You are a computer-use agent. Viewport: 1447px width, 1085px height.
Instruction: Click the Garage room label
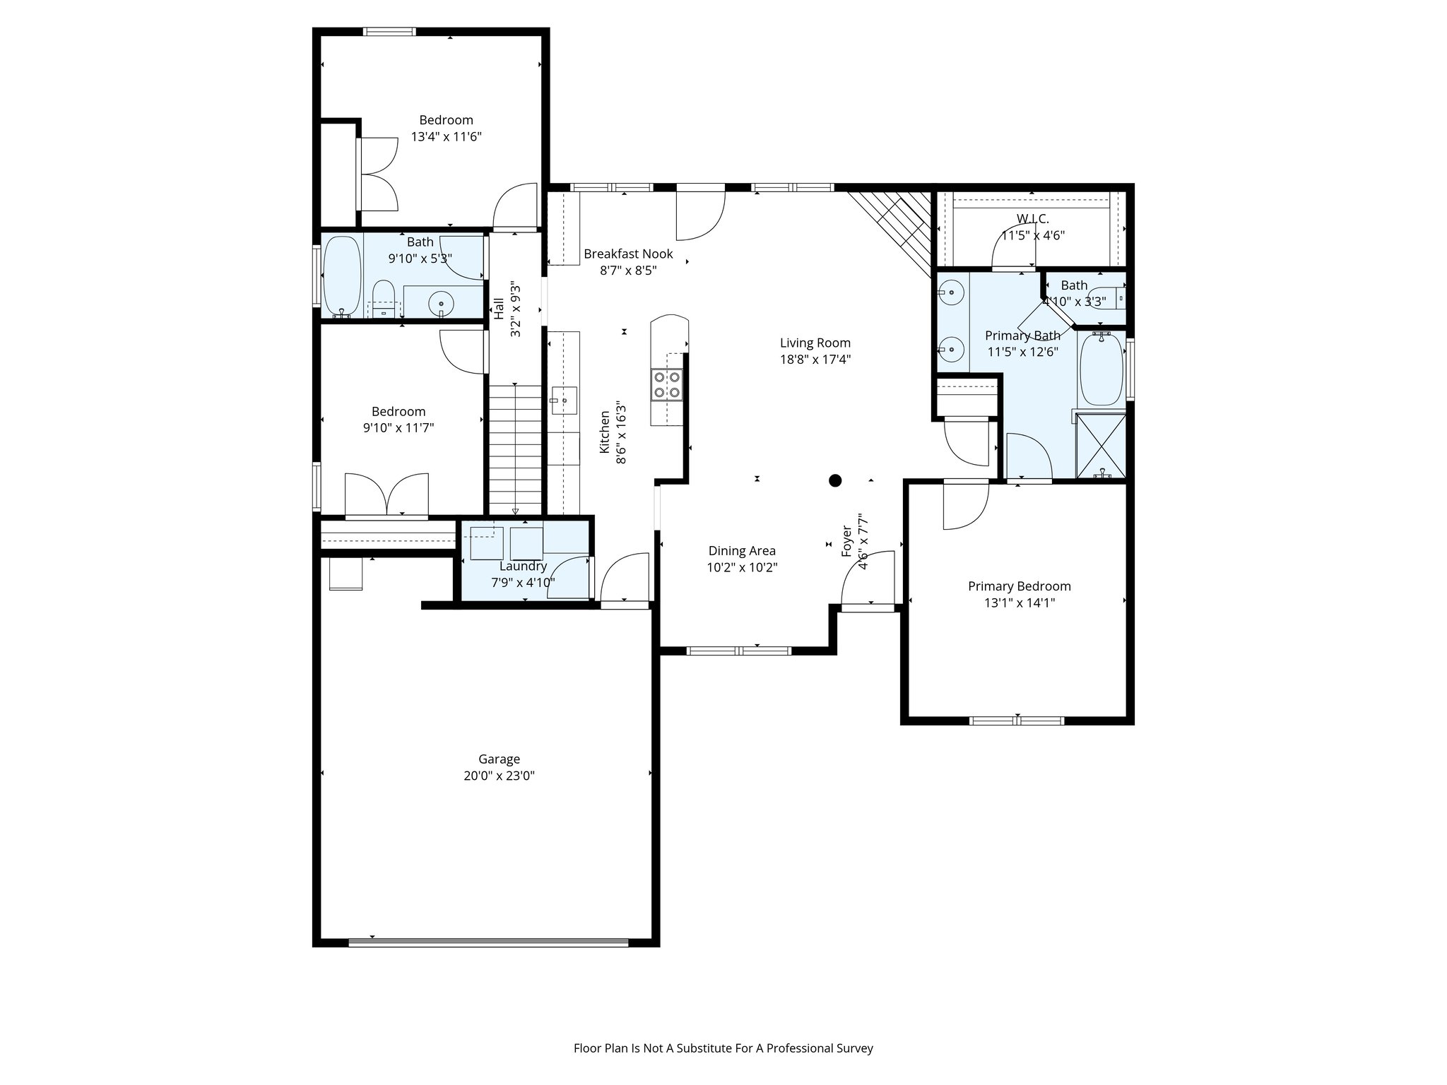click(499, 759)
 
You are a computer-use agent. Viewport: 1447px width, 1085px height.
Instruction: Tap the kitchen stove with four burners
click(667, 385)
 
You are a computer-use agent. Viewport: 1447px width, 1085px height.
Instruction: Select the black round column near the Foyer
click(835, 481)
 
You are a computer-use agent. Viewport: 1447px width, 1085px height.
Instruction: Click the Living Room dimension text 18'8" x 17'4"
click(815, 359)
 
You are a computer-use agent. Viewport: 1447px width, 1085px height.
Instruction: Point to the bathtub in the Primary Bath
click(1101, 369)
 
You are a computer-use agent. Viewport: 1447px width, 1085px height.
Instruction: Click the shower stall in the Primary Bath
click(1100, 447)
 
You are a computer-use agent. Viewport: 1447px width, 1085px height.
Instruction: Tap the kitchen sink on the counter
click(564, 401)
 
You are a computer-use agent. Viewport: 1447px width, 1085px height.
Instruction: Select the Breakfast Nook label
click(628, 254)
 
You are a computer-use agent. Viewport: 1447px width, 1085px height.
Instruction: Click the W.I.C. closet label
click(1032, 219)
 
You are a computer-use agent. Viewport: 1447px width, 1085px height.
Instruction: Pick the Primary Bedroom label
click(1019, 586)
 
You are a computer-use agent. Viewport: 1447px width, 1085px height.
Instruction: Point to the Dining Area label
click(742, 551)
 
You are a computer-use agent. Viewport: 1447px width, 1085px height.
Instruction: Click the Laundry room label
click(523, 567)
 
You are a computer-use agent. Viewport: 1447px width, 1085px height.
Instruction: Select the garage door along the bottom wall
click(488, 942)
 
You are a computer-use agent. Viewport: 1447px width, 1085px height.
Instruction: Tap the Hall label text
click(499, 309)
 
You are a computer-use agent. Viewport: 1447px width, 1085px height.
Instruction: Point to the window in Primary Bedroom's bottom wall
click(1016, 721)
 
